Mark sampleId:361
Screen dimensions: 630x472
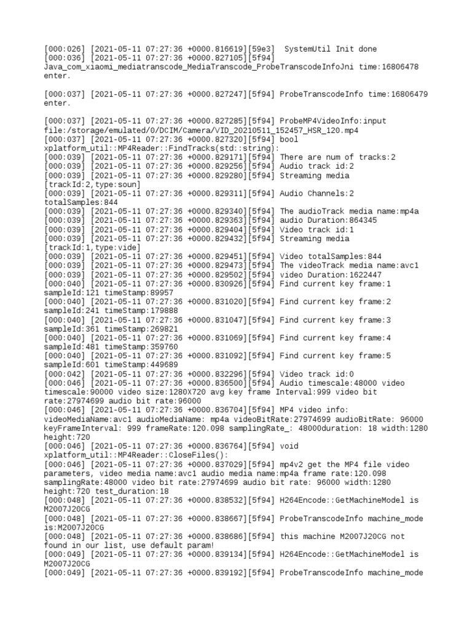click(x=71, y=329)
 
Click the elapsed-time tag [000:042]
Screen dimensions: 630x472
click(x=65, y=374)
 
